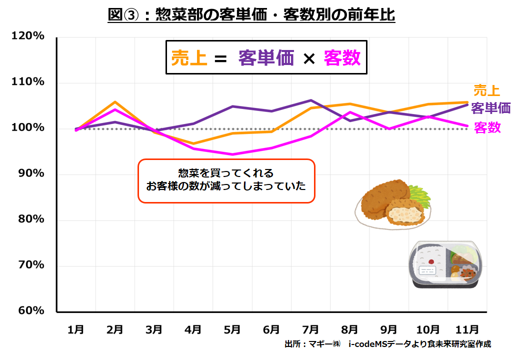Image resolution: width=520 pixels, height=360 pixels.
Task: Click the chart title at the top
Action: pyautogui.click(x=251, y=15)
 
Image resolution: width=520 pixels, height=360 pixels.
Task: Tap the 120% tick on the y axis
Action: pyautogui.click(x=28, y=37)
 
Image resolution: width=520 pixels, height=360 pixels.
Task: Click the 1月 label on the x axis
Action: pyautogui.click(x=75, y=329)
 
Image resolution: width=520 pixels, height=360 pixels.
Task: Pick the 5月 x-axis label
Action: pyautogui.click(x=232, y=329)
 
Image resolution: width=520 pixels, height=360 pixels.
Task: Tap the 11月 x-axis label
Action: pyautogui.click(x=467, y=329)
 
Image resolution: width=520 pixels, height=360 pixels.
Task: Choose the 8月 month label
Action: pyautogui.click(x=349, y=329)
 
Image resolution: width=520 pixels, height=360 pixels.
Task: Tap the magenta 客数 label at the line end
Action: pyautogui.click(x=487, y=127)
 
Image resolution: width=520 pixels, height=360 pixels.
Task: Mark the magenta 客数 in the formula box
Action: pyautogui.click(x=341, y=58)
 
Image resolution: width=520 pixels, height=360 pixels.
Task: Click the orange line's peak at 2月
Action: pyautogui.click(x=115, y=102)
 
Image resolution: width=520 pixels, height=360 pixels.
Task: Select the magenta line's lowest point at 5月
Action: pyautogui.click(x=232, y=154)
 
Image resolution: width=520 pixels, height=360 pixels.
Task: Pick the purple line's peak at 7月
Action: pyautogui.click(x=310, y=100)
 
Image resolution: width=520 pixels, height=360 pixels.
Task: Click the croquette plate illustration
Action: pyautogui.click(x=392, y=204)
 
